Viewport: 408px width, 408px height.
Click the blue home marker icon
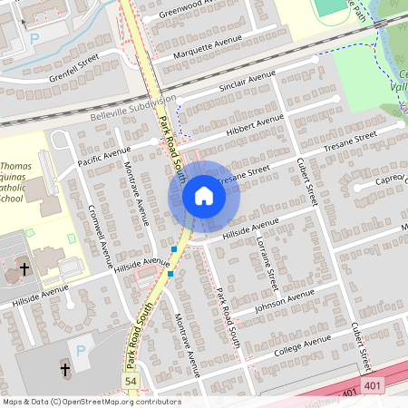tap(204, 195)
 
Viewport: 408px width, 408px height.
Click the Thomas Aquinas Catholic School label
tap(20, 181)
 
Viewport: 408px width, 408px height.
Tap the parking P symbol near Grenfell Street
tap(34, 39)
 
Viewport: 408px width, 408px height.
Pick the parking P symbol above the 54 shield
tap(81, 350)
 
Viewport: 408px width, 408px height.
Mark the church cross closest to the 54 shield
tap(64, 369)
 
